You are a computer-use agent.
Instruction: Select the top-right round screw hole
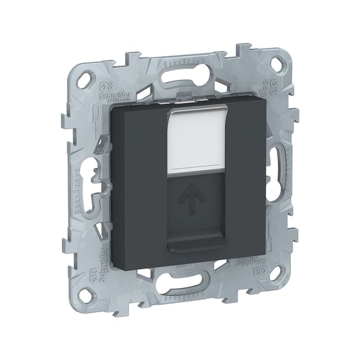[x=276, y=65]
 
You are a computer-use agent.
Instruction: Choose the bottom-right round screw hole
[x=276, y=273]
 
